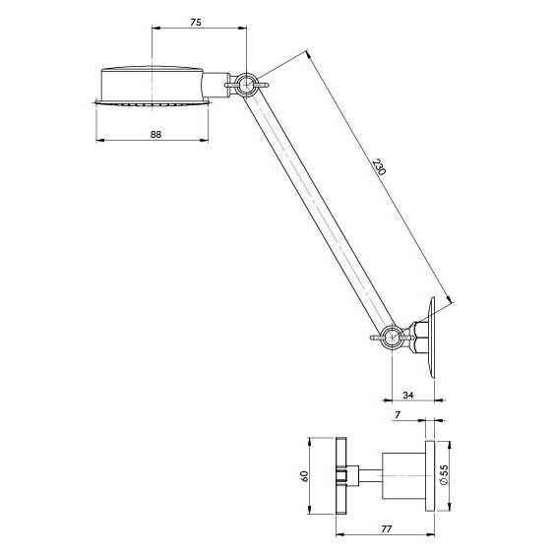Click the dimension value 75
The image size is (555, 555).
pos(196,23)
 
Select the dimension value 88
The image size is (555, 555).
pos(155,135)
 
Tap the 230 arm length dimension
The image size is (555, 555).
pos(379,167)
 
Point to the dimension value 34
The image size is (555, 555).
pos(408,395)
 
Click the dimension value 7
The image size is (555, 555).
pos(398,415)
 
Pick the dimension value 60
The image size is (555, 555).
pos(304,476)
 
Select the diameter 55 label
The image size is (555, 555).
pos(444,474)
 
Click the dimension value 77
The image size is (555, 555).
pos(387,529)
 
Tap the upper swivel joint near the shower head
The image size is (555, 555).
pos(246,85)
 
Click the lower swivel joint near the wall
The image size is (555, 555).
pos(392,338)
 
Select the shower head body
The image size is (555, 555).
pos(153,85)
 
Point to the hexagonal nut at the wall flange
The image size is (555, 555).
pos(419,338)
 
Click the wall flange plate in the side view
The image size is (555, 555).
pos(432,338)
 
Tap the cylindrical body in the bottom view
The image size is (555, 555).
pos(403,475)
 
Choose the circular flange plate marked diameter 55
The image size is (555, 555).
pos(430,475)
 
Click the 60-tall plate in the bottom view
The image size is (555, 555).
pos(341,475)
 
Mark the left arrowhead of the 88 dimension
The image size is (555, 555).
pos(100,140)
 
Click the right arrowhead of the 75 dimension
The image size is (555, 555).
pos(242,28)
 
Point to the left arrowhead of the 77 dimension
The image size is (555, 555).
pos(339,534)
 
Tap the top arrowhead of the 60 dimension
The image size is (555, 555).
pos(309,442)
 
